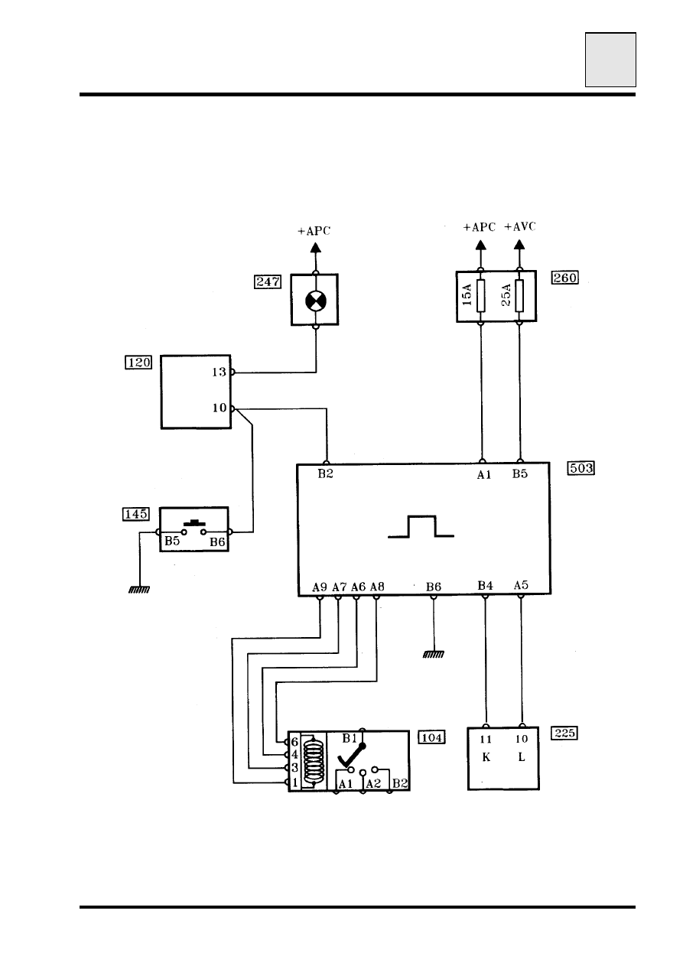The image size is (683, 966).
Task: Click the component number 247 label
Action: pos(268,282)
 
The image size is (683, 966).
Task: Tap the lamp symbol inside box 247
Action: pos(316,301)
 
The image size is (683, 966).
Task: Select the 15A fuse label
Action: pos(467,295)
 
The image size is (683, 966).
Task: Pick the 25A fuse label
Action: pos(506,295)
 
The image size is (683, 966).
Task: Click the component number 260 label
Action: pos(565,278)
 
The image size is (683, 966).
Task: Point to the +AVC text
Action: pos(519,227)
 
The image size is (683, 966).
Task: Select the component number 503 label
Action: pos(581,468)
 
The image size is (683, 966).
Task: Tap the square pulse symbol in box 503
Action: pos(421,526)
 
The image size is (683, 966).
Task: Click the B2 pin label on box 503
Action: pos(326,473)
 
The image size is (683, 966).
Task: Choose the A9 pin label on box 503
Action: pos(320,587)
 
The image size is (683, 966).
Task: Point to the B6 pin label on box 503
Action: pos(434,587)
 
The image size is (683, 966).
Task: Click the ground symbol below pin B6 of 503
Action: pos(434,654)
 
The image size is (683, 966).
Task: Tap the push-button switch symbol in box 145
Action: pos(194,528)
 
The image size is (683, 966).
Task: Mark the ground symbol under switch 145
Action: pos(139,590)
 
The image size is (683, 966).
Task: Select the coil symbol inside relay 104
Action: pos(314,761)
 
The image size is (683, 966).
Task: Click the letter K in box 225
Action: pos(486,757)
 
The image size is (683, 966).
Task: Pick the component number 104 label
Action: pos(431,738)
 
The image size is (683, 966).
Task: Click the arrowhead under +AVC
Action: pos(519,245)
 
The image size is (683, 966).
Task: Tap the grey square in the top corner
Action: pos(610,60)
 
